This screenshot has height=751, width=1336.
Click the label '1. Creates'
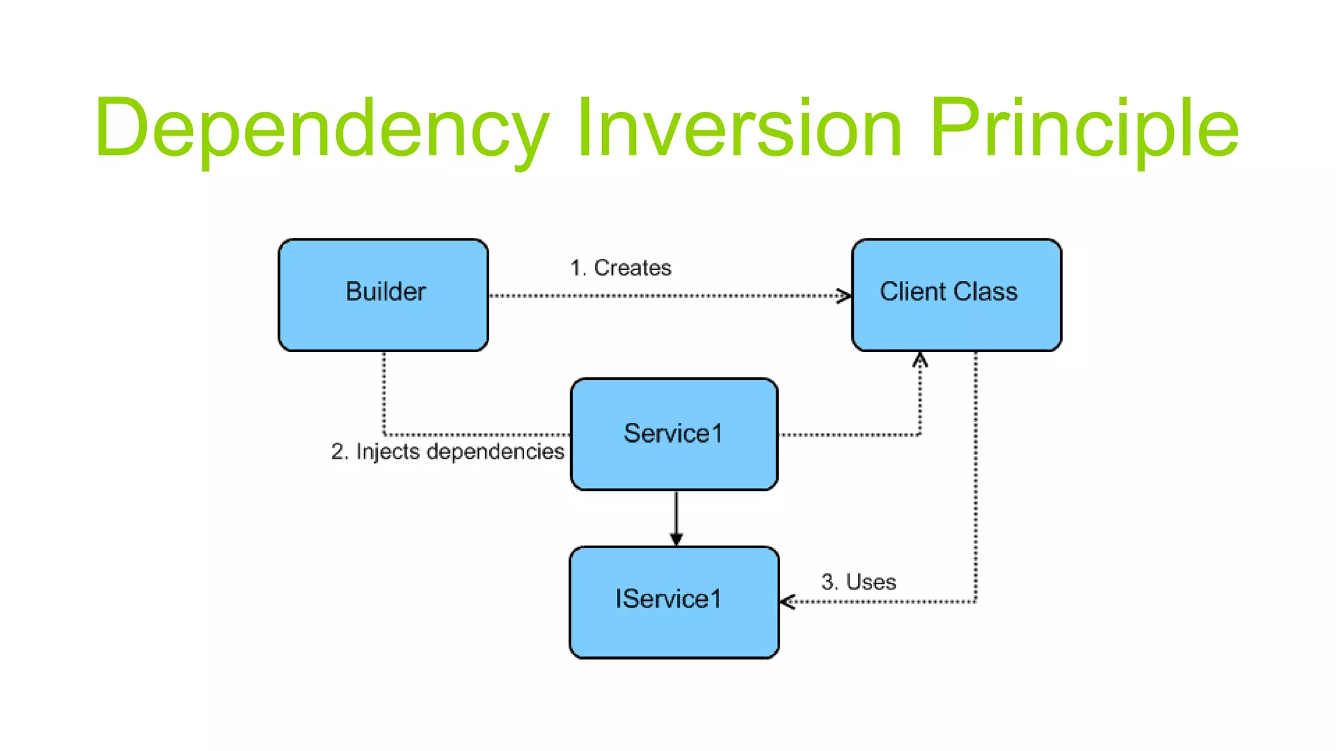point(620,268)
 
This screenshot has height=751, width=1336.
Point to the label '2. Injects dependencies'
point(448,451)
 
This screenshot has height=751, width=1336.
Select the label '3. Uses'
point(858,582)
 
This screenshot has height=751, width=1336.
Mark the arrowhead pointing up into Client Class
point(920,359)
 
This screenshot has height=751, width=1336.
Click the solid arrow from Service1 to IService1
point(676,518)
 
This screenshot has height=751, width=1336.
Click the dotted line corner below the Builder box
point(384,434)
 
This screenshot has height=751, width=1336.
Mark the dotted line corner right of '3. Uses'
point(975,602)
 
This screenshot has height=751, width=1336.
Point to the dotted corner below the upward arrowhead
point(920,434)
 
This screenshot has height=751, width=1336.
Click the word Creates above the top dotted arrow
point(633,268)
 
